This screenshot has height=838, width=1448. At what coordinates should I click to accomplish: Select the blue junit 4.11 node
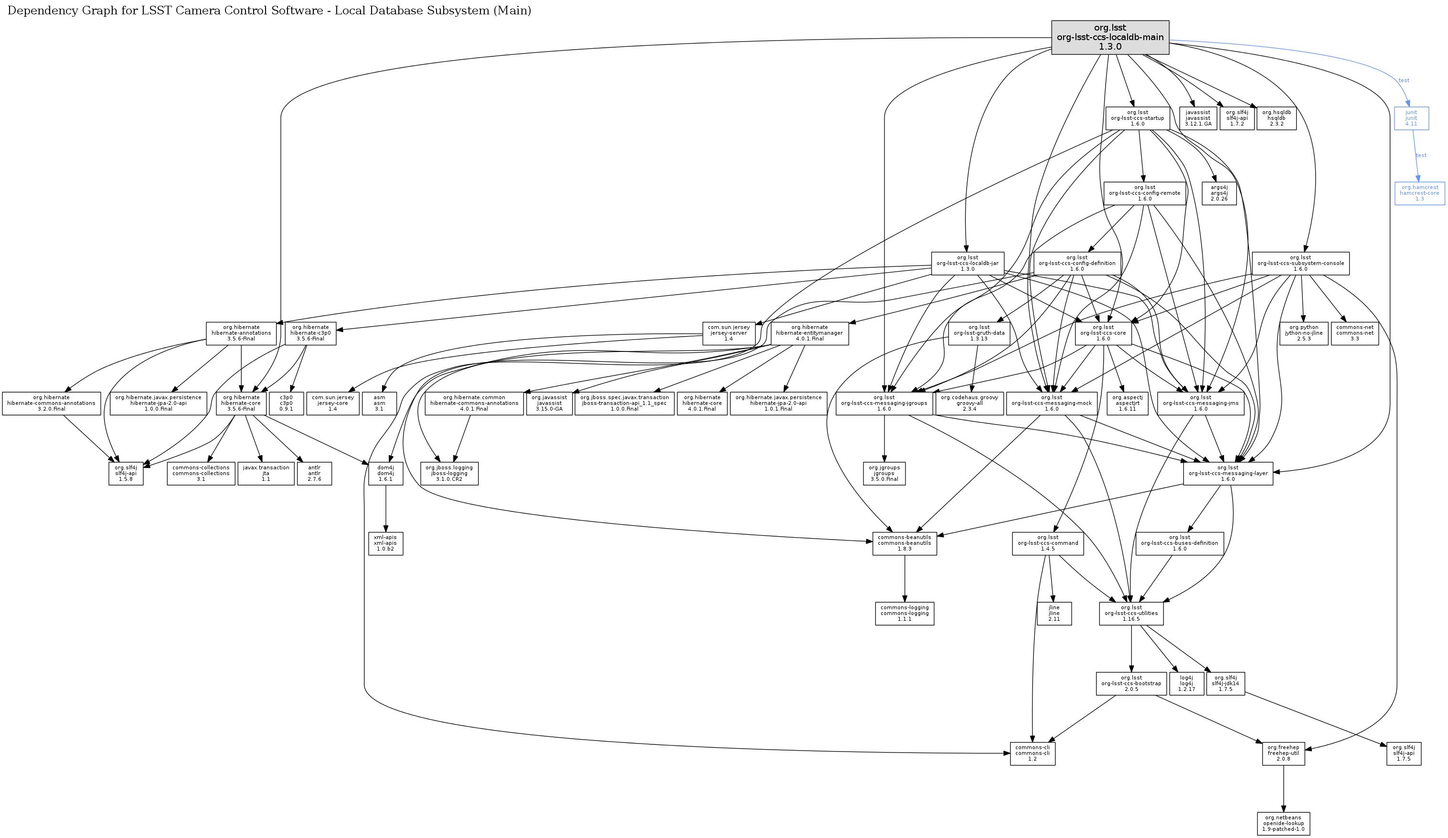coord(1411,118)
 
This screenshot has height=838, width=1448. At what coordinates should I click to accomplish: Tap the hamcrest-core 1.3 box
coord(1419,193)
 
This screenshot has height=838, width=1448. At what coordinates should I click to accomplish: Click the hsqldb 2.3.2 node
coord(1276,118)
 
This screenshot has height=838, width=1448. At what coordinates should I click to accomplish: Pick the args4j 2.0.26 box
coord(1219,193)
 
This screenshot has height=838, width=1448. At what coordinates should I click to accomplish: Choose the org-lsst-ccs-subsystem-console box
coord(1300,263)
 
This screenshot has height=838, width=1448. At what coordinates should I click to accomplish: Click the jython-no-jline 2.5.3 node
coord(1304,333)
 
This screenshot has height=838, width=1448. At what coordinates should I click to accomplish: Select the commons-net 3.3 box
coord(1354,333)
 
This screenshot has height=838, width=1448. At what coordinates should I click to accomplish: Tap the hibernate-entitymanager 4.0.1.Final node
coord(809,333)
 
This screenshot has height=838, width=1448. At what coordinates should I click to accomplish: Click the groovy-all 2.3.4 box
coord(969,403)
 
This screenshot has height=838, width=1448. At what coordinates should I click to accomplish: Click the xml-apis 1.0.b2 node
coord(385,543)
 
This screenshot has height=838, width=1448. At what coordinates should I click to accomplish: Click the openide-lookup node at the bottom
coord(1283,823)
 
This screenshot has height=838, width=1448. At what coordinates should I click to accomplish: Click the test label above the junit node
coord(1404,80)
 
